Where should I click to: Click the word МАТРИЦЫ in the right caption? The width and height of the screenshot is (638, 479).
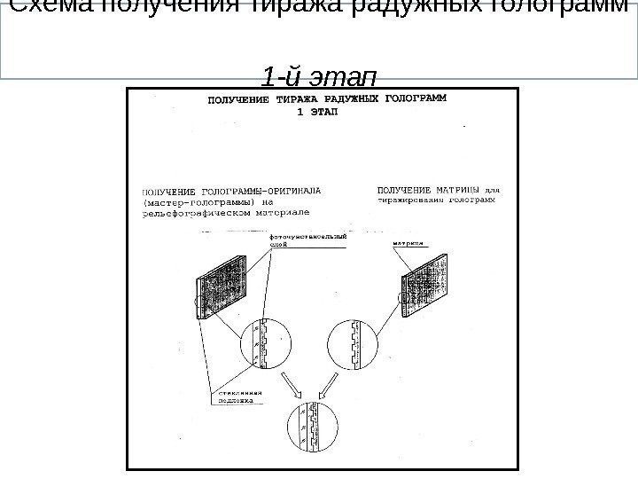[460, 188]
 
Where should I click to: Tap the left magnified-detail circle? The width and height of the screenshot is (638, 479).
[262, 343]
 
